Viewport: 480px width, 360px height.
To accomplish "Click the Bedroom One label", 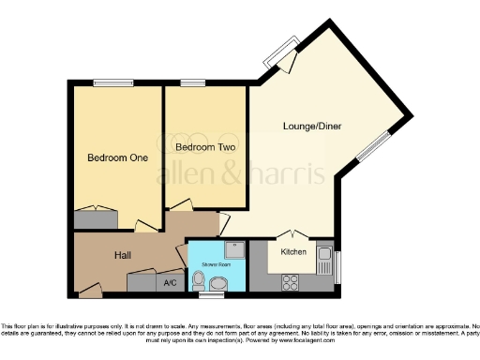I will tap(118, 157).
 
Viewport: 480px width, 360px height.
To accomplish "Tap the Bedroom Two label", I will tap(204, 148).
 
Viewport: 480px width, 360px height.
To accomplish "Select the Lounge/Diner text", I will tap(311, 126).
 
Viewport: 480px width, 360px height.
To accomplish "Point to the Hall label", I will tap(123, 255).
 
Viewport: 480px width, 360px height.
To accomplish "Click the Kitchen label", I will tap(294, 252).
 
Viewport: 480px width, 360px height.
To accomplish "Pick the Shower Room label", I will tap(216, 265).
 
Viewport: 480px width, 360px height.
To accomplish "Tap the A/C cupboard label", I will tap(170, 282).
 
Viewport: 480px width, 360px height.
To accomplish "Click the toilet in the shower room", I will tap(198, 277).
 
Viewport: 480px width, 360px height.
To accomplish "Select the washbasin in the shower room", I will tap(220, 284).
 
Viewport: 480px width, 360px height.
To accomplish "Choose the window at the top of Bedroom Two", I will tap(193, 83).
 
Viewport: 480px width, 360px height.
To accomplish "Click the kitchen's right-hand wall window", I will tap(337, 264).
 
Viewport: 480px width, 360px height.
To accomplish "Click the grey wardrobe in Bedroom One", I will tap(96, 219).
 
